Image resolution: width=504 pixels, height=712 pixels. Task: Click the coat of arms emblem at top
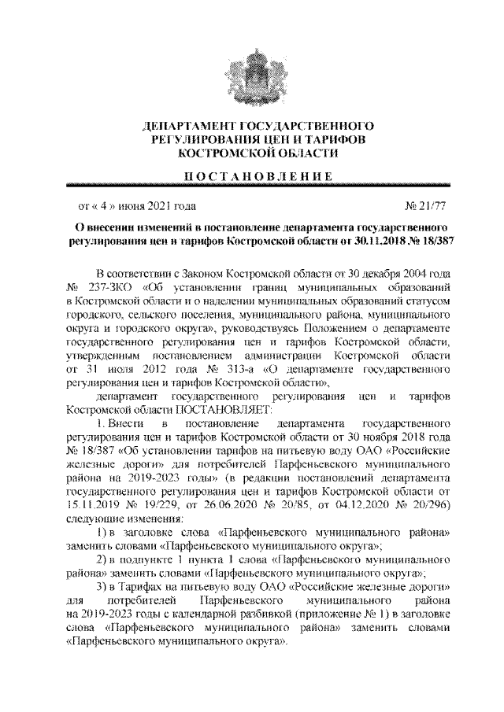click(x=252, y=75)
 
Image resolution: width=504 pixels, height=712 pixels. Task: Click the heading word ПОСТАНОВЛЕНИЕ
click(x=252, y=175)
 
